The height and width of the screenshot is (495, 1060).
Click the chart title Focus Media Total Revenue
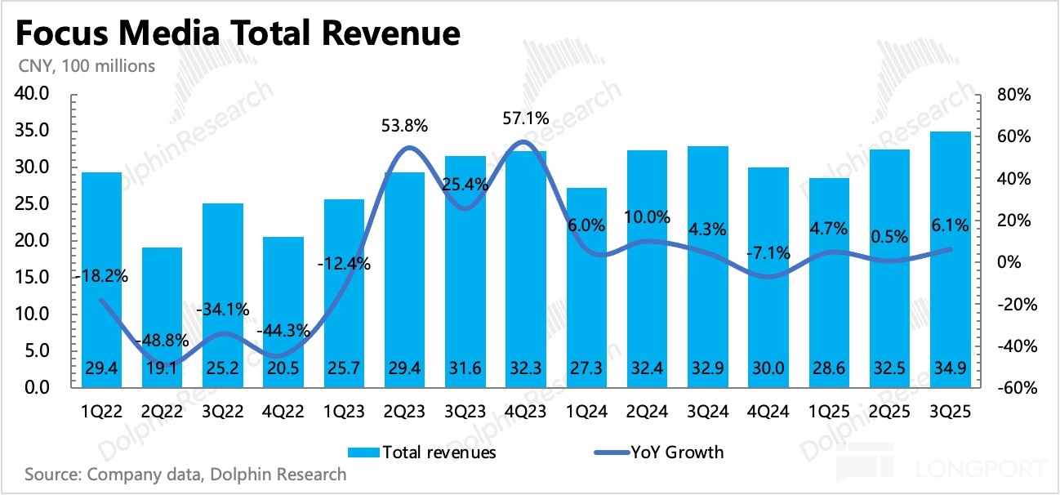click(237, 33)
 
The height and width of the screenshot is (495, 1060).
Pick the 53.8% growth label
click(405, 127)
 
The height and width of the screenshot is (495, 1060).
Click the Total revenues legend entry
click(425, 451)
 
